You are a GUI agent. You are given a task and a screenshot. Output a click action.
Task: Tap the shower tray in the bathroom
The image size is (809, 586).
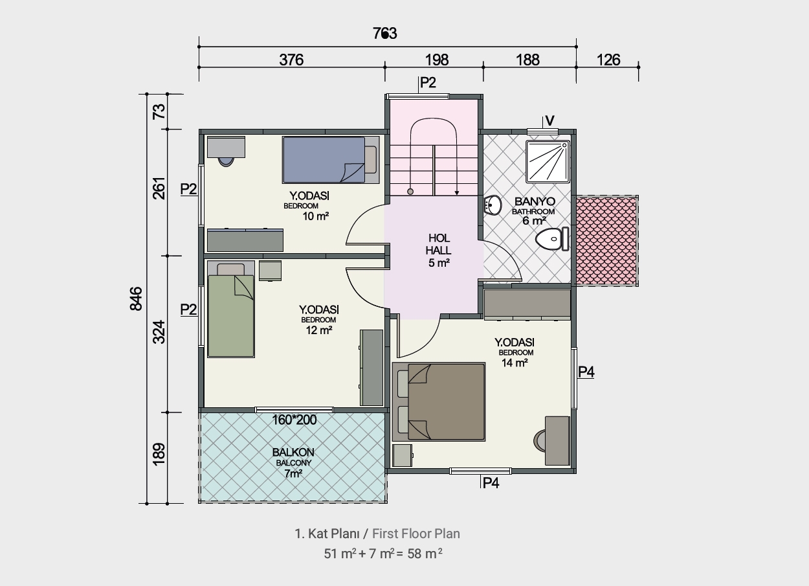tap(548, 161)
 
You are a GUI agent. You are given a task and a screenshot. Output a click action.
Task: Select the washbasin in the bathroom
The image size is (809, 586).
tap(493, 205)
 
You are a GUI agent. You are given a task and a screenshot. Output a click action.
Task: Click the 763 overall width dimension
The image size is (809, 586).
tap(385, 34)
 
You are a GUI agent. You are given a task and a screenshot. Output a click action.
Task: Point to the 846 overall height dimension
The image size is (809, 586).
tap(136, 299)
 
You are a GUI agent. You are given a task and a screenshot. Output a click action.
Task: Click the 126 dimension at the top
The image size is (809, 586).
tap(608, 60)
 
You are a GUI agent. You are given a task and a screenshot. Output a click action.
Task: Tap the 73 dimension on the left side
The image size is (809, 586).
tap(159, 111)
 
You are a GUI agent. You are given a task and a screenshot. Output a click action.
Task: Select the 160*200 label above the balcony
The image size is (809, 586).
tap(294, 420)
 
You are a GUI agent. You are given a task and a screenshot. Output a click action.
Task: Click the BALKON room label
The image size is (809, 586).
tap(293, 453)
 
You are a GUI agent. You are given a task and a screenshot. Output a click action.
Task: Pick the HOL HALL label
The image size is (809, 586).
tap(438, 244)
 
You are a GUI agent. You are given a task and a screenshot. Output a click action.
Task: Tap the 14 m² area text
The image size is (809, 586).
tap(515, 363)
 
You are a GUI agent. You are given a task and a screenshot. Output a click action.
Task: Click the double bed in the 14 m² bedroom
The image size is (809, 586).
tap(439, 401)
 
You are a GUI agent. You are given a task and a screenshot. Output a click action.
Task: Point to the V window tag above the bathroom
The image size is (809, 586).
tap(549, 120)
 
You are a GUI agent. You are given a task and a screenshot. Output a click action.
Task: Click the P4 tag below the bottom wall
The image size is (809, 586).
tap(491, 482)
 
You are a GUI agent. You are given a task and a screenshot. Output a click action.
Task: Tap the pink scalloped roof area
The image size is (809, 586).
tap(606, 241)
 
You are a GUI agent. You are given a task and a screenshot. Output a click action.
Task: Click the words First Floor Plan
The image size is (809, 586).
tap(416, 534)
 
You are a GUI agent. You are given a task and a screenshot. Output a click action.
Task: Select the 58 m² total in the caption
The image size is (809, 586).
tap(425, 554)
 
